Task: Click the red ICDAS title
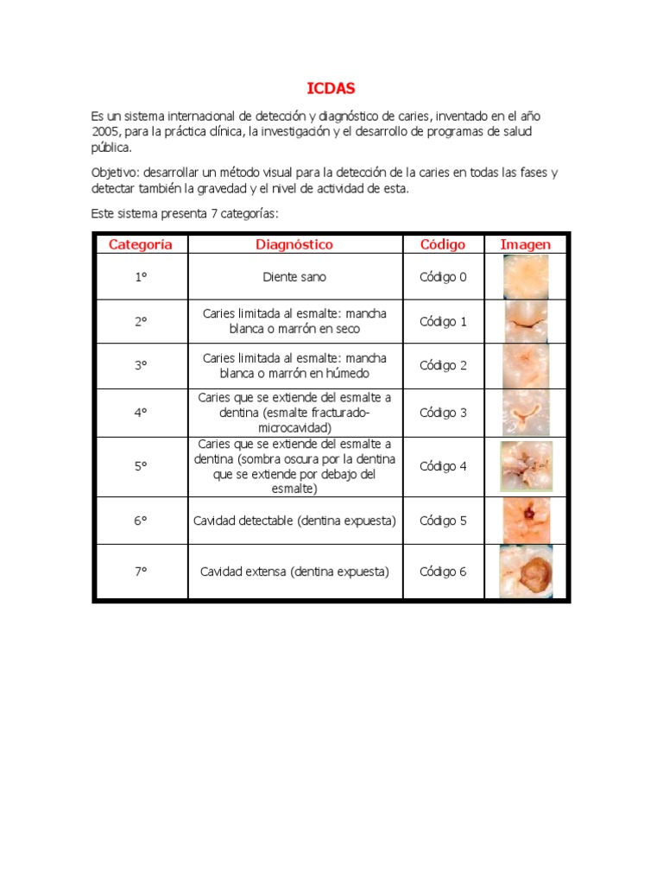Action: point(331,88)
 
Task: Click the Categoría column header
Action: point(140,244)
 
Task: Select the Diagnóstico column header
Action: point(294,244)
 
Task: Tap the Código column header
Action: point(443,244)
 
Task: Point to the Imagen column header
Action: point(525,244)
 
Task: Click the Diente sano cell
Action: point(294,277)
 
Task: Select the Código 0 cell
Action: point(443,277)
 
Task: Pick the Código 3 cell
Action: point(443,413)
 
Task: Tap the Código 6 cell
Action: point(443,571)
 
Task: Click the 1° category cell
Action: point(140,277)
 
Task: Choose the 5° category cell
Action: point(140,466)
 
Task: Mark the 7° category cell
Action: point(140,571)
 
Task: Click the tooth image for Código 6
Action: point(526,572)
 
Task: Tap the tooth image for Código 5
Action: point(526,521)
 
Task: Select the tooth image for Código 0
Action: point(526,277)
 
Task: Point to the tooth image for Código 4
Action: point(526,466)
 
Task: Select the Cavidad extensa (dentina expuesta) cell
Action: point(294,571)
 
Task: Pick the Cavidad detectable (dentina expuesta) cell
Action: point(294,521)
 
